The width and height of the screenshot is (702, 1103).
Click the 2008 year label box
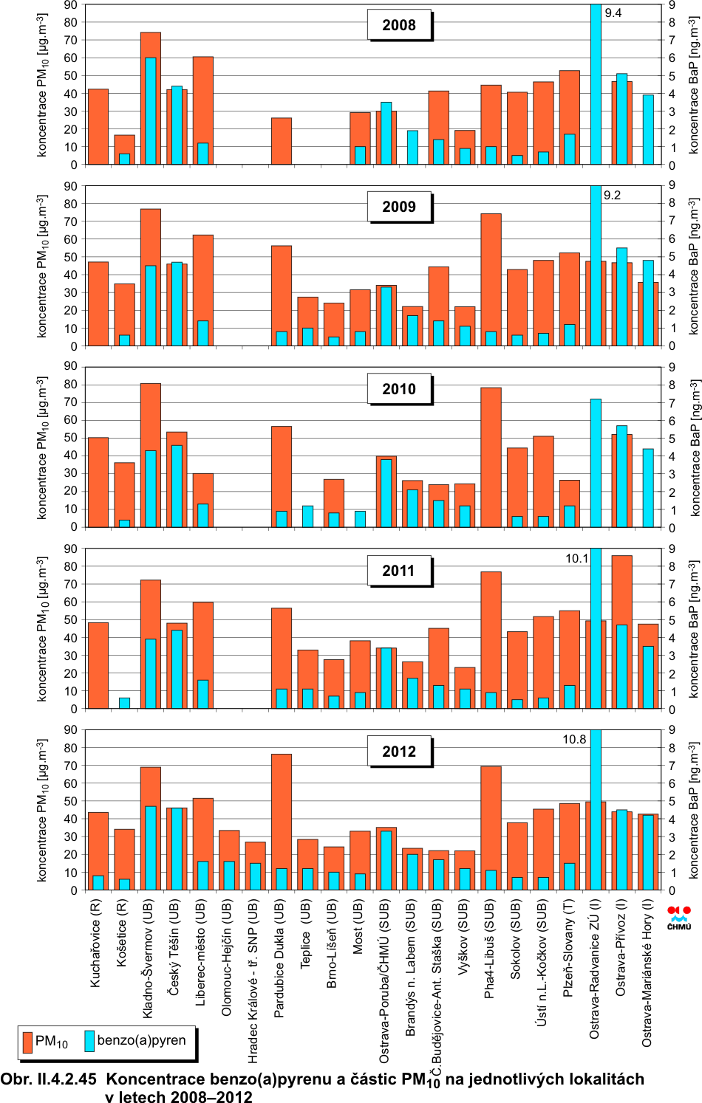tap(399, 25)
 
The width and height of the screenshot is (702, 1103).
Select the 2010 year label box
tap(399, 389)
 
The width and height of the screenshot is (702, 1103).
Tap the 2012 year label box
tap(399, 752)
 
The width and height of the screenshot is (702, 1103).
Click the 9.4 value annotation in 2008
tap(613, 13)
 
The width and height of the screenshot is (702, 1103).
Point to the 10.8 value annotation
tap(574, 739)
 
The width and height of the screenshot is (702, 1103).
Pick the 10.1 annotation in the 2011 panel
tap(576, 558)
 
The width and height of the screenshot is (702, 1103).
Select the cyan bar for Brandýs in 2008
tap(412, 147)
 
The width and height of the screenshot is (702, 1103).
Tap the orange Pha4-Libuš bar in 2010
tap(491, 457)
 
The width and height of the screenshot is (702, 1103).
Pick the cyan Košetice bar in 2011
tap(124, 703)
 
